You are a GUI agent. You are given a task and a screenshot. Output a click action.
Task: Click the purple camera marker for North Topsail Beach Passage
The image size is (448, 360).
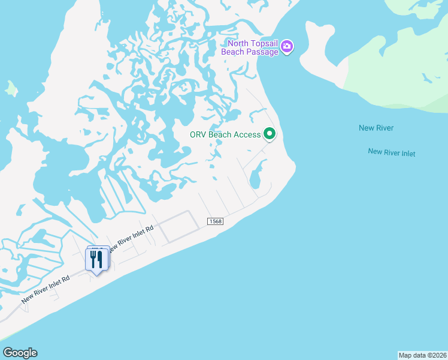[287, 47]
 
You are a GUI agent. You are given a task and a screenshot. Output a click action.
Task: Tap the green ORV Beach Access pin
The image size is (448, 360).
[270, 134]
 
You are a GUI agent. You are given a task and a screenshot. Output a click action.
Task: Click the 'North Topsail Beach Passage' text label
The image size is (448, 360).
[250, 47]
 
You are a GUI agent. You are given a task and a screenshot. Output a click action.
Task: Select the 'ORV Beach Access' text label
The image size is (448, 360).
[225, 134]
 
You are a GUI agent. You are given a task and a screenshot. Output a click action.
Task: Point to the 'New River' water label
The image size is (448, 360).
[376, 128]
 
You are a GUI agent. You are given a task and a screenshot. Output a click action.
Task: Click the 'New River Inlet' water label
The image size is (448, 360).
[391, 152]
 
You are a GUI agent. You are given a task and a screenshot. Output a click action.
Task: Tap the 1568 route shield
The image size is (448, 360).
[215, 221]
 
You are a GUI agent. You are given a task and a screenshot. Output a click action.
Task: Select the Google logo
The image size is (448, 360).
[20, 353]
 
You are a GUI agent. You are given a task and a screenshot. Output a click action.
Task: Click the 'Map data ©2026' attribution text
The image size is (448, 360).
[422, 355]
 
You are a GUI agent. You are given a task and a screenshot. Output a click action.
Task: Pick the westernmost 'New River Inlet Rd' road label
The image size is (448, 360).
[46, 289]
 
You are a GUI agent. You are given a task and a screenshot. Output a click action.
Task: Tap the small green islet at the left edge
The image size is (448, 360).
[11, 89]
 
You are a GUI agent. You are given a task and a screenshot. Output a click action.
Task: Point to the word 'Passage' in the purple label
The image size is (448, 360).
[264, 52]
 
